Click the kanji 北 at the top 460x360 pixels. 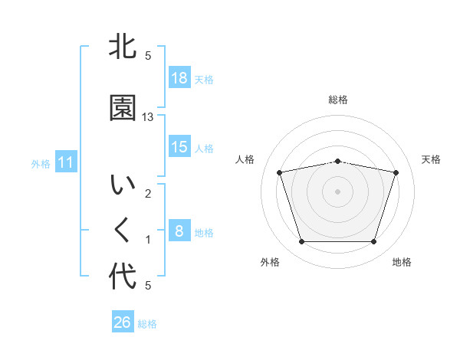(x=123, y=47)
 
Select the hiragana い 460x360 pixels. (x=123, y=186)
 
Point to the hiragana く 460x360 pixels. (x=123, y=231)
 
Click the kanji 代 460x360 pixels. (x=123, y=277)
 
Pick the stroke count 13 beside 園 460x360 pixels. (x=149, y=117)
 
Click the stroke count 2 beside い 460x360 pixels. (x=148, y=194)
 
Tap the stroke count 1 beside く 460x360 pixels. (x=148, y=240)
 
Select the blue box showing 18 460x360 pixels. (x=179, y=78)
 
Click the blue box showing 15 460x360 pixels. (x=179, y=147)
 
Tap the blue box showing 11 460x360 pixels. (x=65, y=162)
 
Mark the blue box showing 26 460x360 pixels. (x=123, y=322)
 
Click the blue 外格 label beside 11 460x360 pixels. (x=41, y=163)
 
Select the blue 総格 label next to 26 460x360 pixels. (x=147, y=324)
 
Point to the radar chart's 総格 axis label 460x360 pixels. (x=337, y=100)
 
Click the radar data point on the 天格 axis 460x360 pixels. (x=396, y=172)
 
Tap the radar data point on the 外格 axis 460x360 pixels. (x=301, y=242)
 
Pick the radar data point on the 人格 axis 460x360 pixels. (x=280, y=172)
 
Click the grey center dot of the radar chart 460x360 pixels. (x=337, y=191)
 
